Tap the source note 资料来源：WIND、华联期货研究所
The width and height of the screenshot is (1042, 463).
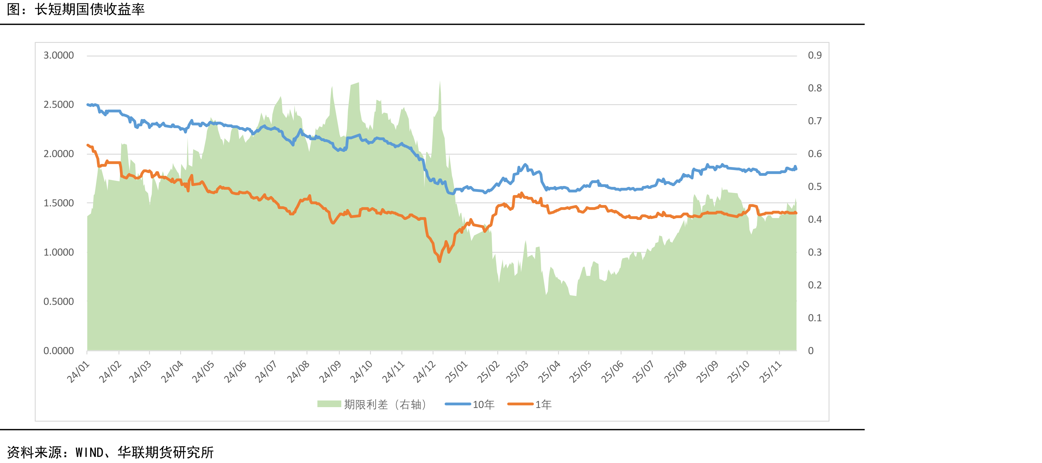click(x=110, y=452)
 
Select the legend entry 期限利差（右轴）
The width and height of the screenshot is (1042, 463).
click(x=372, y=404)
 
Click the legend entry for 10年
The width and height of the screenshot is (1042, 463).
click(x=470, y=404)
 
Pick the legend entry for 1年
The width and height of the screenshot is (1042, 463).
click(x=530, y=404)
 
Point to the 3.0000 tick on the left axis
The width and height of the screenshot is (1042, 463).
click(x=59, y=55)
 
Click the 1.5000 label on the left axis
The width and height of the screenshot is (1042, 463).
click(x=59, y=203)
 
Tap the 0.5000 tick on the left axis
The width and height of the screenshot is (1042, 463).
click(x=59, y=301)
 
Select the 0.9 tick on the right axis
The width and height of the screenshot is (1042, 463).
click(x=815, y=55)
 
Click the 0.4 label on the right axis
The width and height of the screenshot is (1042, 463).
click(x=815, y=219)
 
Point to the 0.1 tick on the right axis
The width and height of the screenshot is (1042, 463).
click(x=815, y=318)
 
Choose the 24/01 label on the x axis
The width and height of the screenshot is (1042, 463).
click(x=78, y=372)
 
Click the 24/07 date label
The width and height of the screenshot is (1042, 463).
click(x=266, y=372)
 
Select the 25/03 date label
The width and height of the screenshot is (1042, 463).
click(x=517, y=372)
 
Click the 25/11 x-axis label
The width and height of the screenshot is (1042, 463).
click(x=771, y=372)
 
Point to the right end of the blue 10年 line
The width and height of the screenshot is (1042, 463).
click(x=796, y=169)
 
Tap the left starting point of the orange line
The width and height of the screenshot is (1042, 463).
click(x=88, y=145)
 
